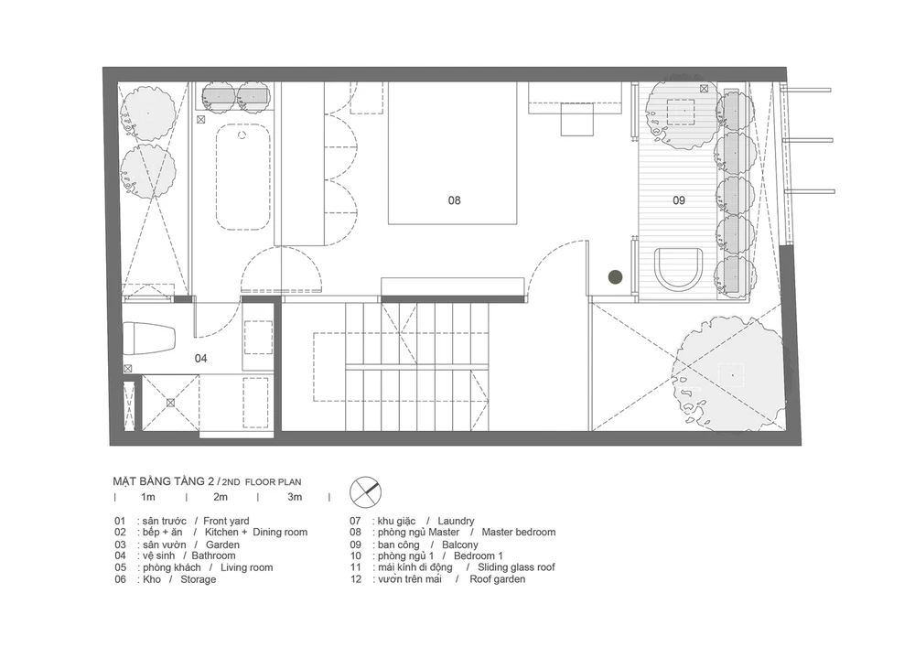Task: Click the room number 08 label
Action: point(454,200)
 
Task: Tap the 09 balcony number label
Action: point(679,200)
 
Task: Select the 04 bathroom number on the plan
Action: point(200,358)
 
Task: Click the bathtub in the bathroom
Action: point(243,177)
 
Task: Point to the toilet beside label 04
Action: point(149,339)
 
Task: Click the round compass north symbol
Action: point(365,491)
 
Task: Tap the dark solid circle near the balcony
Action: point(615,277)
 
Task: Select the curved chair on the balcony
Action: point(679,269)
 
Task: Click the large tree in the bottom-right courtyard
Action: point(729,373)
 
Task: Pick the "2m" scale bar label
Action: point(220,497)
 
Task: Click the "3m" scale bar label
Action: point(295,497)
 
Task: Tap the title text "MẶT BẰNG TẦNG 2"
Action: point(164,481)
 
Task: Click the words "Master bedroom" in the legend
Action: point(519,532)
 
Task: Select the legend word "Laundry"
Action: point(456,521)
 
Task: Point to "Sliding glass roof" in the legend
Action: point(516,567)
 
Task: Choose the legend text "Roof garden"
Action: point(497,579)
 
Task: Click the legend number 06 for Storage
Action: point(120,579)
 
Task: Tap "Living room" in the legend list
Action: point(246,567)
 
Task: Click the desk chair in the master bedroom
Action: point(577,119)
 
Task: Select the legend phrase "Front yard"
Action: point(226,521)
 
